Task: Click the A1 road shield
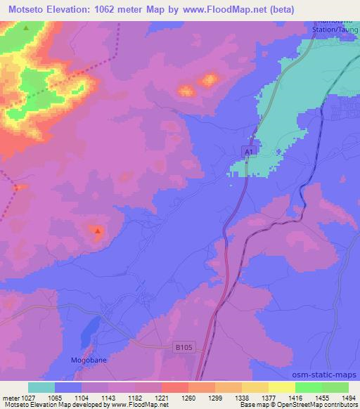(247, 152)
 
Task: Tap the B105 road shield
(183, 347)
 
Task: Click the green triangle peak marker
(26, 28)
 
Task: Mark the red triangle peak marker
(98, 231)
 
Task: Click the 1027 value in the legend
(26, 398)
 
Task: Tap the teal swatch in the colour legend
(41, 387)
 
